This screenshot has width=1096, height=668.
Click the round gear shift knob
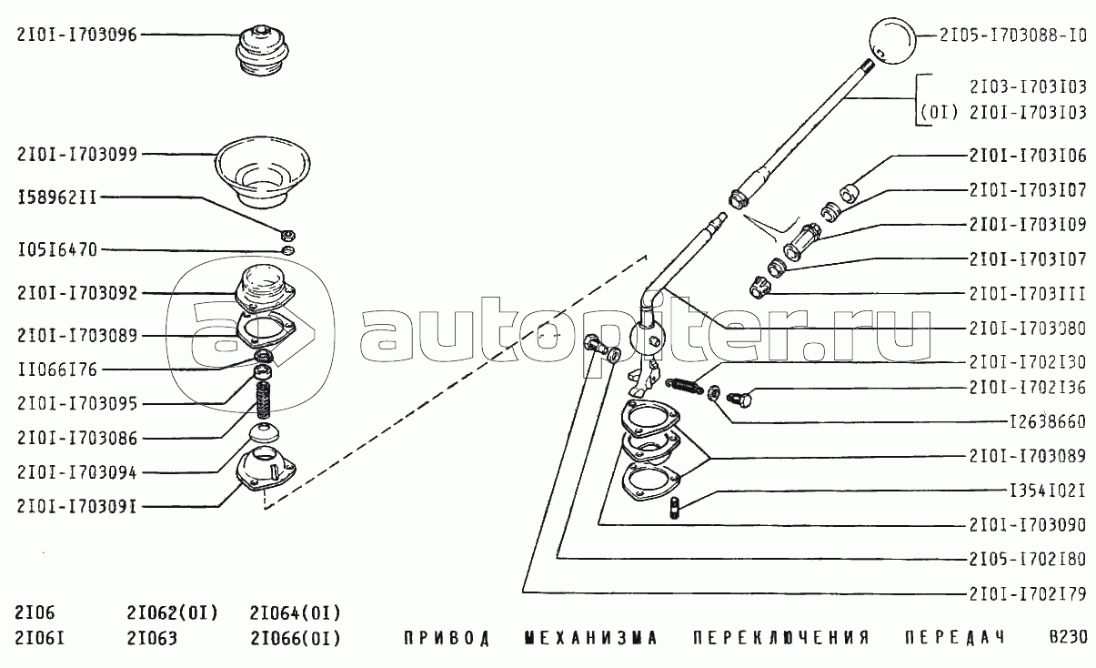(x=892, y=42)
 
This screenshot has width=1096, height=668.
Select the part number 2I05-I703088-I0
(x=1012, y=35)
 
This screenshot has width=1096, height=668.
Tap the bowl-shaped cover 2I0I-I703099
(x=263, y=172)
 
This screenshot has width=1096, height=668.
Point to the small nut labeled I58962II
(x=288, y=236)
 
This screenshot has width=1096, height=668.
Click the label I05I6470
(x=57, y=250)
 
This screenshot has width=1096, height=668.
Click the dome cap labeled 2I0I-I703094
(x=264, y=433)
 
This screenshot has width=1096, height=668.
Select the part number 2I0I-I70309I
(x=76, y=507)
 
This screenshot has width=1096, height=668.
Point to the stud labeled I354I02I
(x=675, y=508)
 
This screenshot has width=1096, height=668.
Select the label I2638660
(x=1048, y=422)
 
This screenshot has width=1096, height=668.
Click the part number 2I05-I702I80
(x=1028, y=560)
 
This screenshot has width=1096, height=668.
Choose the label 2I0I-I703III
(x=1028, y=294)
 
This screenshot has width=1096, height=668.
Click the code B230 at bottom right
(x=1068, y=638)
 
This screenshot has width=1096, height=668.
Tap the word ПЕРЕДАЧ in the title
(x=955, y=638)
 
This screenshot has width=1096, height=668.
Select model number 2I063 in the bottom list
(x=152, y=639)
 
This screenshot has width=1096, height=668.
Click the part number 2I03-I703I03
(x=1028, y=87)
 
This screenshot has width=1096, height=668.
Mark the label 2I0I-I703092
(x=76, y=294)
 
